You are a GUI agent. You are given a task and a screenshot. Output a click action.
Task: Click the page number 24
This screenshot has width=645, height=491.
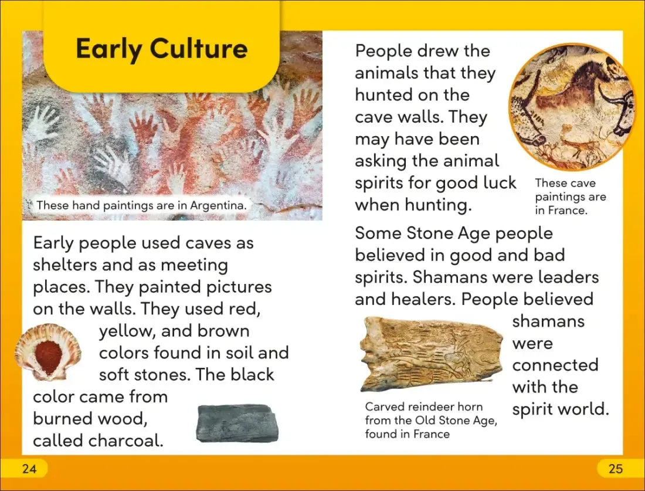(x=28, y=469)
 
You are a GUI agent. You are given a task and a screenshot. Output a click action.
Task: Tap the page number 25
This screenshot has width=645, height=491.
(x=616, y=469)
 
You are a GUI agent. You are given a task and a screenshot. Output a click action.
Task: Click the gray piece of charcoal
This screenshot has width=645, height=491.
(x=237, y=423)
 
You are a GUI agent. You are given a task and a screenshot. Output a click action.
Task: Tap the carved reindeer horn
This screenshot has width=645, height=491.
(x=432, y=354)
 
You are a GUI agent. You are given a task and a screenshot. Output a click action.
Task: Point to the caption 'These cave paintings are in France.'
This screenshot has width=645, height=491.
(x=570, y=197)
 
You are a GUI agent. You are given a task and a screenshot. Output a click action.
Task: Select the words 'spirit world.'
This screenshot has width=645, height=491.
(x=561, y=409)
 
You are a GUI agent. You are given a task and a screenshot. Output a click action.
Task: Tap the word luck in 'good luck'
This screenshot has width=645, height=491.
(x=496, y=182)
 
